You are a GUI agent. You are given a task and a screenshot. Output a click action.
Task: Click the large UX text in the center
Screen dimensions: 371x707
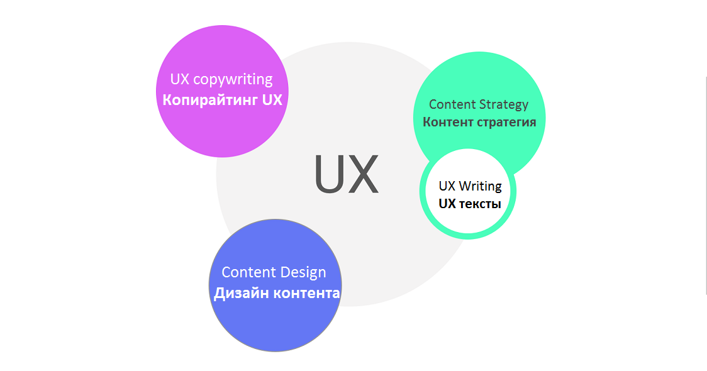346,174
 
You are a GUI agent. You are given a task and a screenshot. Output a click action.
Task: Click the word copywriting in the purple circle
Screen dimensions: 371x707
233,80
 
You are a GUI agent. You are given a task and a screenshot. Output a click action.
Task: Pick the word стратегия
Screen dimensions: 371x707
506,122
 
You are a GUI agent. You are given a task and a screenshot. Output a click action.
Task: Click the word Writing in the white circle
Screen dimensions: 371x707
481,186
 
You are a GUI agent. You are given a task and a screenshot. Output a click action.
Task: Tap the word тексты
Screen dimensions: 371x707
480,204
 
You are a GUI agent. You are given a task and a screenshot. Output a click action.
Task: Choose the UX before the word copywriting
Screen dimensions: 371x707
180,80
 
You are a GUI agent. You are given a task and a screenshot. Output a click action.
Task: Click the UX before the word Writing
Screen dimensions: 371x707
447,186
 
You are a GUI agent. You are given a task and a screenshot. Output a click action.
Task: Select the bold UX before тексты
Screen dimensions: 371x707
447,204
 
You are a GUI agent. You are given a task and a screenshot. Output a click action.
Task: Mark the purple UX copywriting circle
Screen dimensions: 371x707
221,132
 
